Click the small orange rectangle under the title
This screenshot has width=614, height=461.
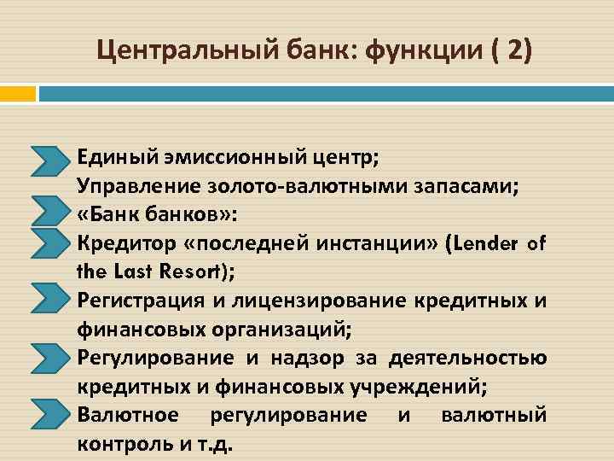pos(17,92)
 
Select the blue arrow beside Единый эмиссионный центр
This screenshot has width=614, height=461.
pos(52,159)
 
